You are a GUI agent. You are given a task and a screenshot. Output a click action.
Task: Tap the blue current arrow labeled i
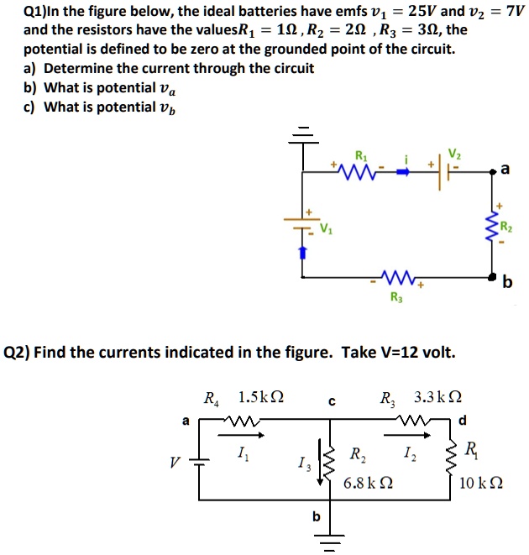pyautogui.click(x=404, y=171)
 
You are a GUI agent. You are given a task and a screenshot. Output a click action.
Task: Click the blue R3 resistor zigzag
pyautogui.click(x=396, y=276)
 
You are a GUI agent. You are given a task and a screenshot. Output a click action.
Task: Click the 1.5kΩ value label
pyautogui.click(x=260, y=397)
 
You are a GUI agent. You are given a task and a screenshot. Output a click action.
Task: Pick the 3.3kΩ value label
pyautogui.click(x=437, y=397)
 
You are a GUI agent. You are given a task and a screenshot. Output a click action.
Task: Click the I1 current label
pyautogui.click(x=243, y=455)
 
